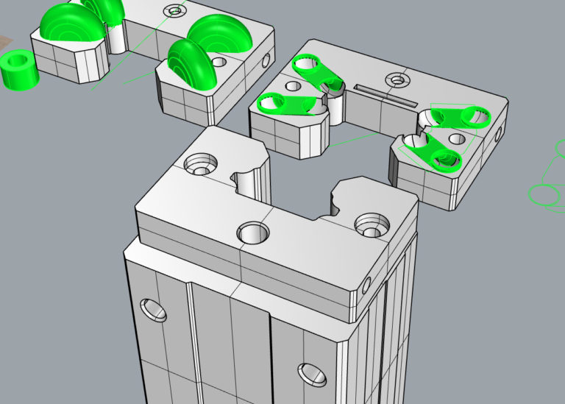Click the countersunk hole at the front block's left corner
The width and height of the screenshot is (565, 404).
(x=200, y=163)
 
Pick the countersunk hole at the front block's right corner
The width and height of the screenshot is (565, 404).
(x=369, y=224)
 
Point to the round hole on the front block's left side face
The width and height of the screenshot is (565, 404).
(x=155, y=311)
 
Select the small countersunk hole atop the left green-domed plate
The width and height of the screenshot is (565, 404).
(x=175, y=11)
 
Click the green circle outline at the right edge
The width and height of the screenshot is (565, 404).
(x=544, y=195)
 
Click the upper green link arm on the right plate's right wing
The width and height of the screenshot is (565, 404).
(x=456, y=116)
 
